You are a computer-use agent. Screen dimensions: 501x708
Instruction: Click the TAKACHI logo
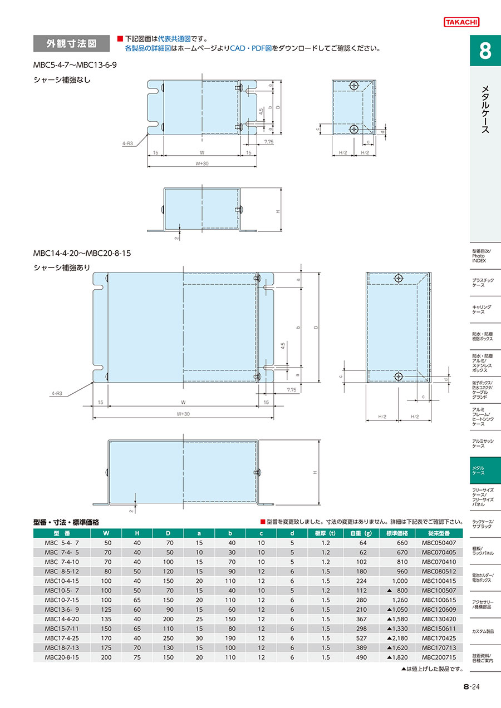[x=461, y=22]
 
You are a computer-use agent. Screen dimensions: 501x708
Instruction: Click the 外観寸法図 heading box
[x=71, y=43]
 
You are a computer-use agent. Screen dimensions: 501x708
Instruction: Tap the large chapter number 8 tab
[x=485, y=51]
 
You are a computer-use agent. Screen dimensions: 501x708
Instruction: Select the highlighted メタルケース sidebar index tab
[x=485, y=471]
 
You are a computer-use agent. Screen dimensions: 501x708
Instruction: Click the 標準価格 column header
[x=397, y=533]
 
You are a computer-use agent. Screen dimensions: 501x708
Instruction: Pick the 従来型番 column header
[x=439, y=533]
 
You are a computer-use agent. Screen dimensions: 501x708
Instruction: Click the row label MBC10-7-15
[x=62, y=600]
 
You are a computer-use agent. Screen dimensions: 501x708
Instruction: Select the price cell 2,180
[x=397, y=638]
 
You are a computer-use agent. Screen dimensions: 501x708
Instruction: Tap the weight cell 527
[x=361, y=638]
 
